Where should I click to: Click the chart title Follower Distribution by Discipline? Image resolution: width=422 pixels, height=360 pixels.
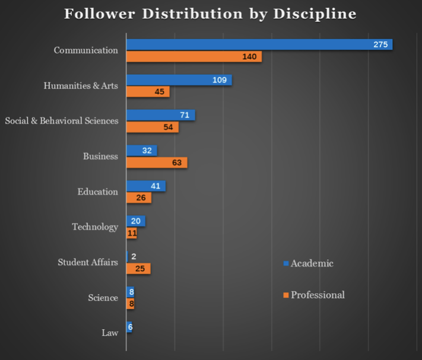(210, 14)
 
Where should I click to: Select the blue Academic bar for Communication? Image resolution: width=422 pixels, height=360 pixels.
(259, 44)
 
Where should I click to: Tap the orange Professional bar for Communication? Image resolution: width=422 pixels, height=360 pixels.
(193, 57)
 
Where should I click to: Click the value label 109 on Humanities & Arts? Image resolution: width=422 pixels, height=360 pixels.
(220, 80)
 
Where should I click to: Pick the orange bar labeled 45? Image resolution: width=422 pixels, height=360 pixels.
(148, 92)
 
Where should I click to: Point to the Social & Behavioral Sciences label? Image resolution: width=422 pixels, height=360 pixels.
(62, 121)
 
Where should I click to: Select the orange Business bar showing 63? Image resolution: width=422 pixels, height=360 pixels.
(157, 163)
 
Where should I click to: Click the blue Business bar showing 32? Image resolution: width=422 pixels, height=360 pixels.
(141, 151)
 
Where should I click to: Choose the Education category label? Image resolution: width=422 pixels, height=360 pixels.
(98, 192)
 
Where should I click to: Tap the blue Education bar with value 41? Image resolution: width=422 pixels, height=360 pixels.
(145, 186)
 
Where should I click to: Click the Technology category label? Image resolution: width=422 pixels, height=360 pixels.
(95, 227)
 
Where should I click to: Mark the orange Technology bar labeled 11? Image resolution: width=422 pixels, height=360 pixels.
(132, 233)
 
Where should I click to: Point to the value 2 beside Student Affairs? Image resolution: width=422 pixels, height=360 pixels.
(134, 257)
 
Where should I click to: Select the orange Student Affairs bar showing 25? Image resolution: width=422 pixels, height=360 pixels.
(138, 269)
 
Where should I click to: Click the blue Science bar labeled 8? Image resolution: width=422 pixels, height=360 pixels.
(130, 292)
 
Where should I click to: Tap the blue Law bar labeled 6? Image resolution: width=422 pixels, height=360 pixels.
(129, 327)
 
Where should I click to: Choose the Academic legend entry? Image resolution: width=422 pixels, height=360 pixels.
(308, 263)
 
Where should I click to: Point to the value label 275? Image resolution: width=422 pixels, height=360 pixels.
(380, 44)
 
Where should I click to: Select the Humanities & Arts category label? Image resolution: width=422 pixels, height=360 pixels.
(81, 86)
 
